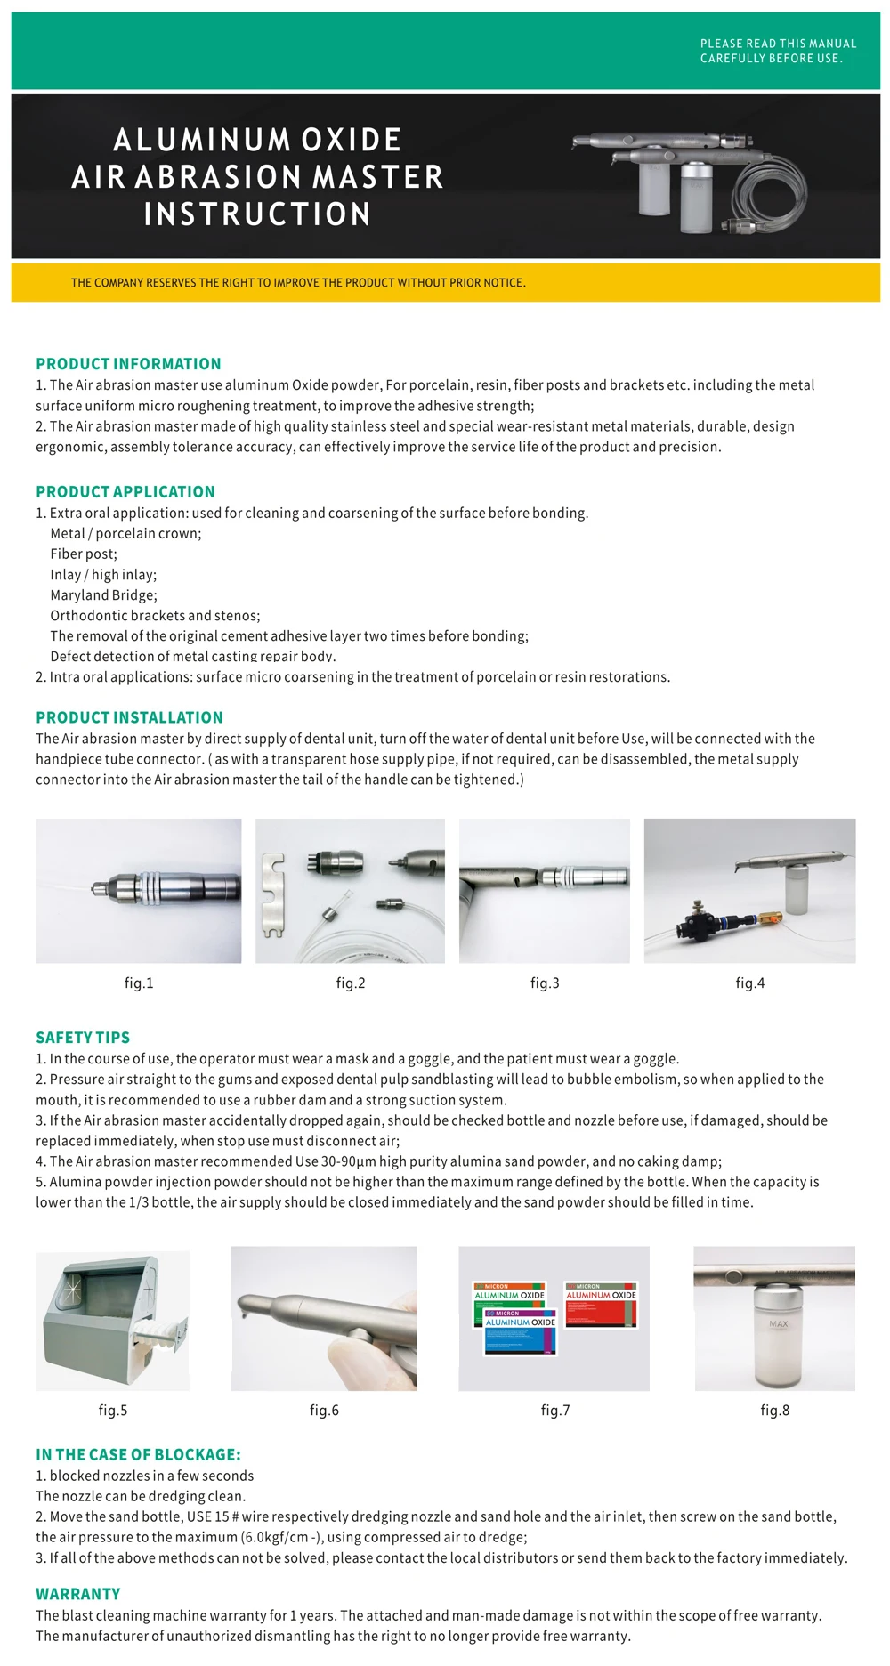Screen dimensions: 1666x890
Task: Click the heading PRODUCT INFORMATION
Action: tap(128, 364)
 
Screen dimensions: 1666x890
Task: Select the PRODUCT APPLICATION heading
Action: tap(125, 492)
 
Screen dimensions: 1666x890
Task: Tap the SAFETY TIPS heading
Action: tap(83, 1038)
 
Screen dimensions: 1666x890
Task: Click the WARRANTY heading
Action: tap(77, 1594)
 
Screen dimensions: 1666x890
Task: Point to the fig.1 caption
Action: tap(139, 983)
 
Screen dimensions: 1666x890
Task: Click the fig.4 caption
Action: tap(749, 983)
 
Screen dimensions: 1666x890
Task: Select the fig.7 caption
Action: tap(555, 1411)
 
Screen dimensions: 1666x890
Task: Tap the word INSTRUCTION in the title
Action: tap(257, 214)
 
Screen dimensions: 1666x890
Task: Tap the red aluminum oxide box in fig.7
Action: tap(601, 1305)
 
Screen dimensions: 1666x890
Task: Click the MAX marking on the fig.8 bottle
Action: tap(778, 1324)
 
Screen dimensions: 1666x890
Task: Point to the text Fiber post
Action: tap(84, 554)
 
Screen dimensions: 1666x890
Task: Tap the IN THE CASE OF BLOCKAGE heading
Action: tap(138, 1455)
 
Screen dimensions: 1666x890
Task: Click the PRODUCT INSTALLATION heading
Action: tap(129, 718)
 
